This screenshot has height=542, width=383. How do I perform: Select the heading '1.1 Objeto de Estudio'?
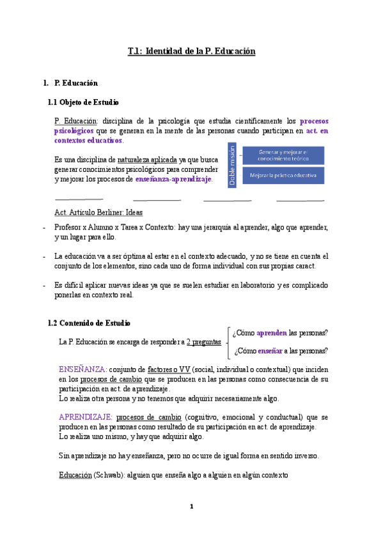84,102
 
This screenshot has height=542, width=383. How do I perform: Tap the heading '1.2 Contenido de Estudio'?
90,323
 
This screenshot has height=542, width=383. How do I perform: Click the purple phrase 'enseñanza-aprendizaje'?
173,180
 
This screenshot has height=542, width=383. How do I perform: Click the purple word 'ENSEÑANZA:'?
81,369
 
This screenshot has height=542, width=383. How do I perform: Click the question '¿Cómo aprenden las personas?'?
281,333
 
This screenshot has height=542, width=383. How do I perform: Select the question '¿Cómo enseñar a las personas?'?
281,350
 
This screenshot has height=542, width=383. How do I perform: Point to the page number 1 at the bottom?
191,506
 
